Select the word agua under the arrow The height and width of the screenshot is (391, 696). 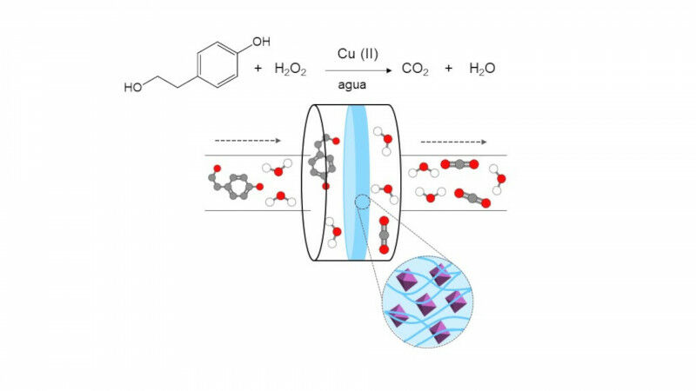(351, 85)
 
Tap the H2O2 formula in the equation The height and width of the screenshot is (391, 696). (291, 69)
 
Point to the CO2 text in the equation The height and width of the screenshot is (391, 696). (414, 69)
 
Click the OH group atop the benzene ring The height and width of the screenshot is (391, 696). (260, 41)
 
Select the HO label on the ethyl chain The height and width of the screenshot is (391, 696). (133, 87)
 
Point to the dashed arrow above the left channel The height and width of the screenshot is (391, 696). (247, 140)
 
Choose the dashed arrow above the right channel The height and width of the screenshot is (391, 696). (453, 140)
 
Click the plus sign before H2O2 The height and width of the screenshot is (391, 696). (258, 69)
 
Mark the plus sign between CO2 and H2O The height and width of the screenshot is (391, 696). (448, 69)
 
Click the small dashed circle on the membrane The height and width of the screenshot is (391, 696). (362, 203)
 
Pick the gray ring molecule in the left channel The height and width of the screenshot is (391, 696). (234, 183)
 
